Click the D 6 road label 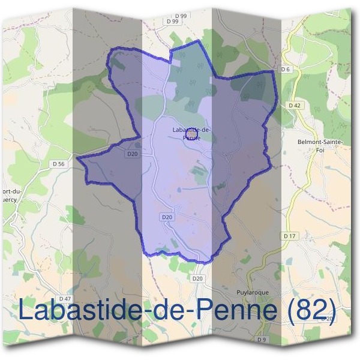[x=286, y=70]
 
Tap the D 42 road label [x=294, y=105]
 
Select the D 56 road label [x=58, y=163]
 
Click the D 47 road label [x=64, y=299]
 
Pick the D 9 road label [x=262, y=339]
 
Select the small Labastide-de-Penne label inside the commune [x=190, y=133]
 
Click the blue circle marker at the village [x=191, y=135]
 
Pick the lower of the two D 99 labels [x=172, y=21]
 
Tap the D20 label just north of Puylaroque [x=198, y=278]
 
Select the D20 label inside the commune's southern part [x=167, y=217]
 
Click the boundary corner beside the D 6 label [x=276, y=71]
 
